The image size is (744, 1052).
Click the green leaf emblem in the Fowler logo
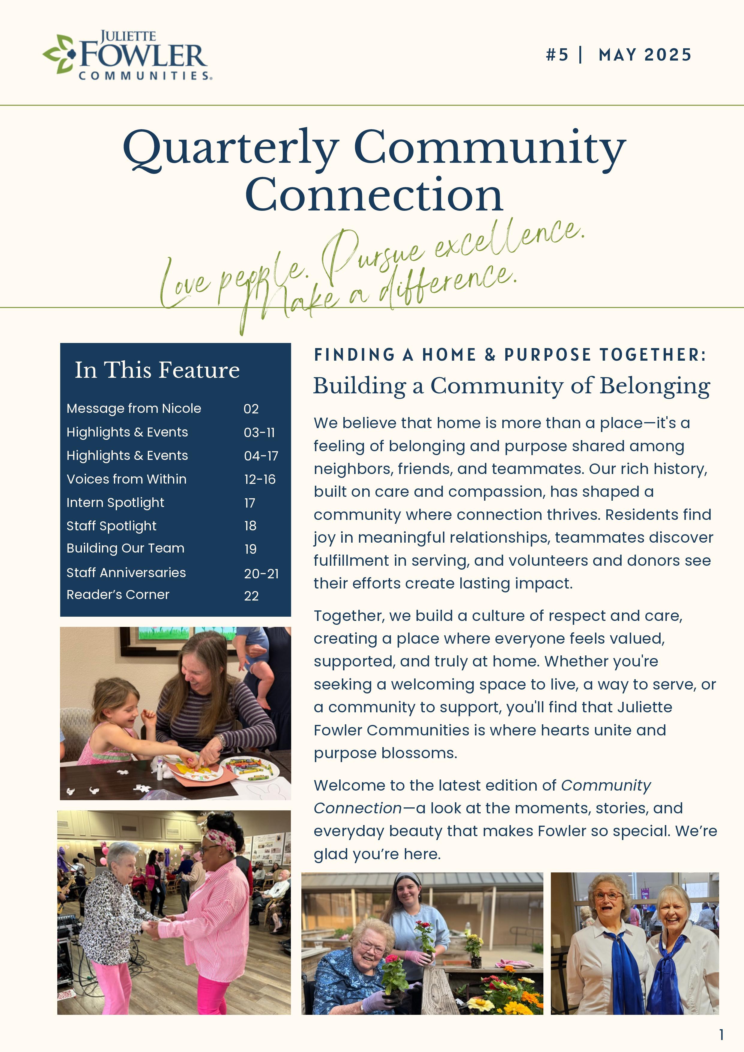click(x=59, y=54)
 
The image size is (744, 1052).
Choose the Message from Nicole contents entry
click(x=133, y=408)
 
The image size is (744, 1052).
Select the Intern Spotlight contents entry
click(x=115, y=503)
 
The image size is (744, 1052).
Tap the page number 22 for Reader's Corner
click(x=251, y=596)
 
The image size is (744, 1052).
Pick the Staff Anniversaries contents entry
click(x=126, y=573)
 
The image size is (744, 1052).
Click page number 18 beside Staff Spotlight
click(x=250, y=526)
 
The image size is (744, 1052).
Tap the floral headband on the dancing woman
click(x=220, y=839)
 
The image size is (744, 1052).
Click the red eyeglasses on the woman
click(x=608, y=897)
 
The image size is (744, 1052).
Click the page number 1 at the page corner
click(x=721, y=1035)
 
